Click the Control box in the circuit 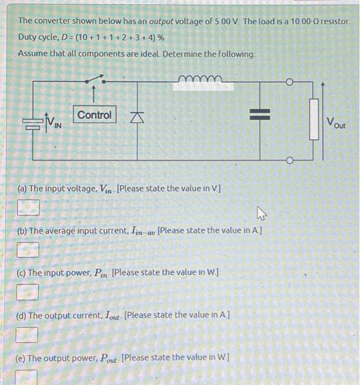click(x=94, y=115)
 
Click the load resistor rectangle click(x=314, y=119)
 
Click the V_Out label click(x=336, y=122)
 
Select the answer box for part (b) click(x=28, y=250)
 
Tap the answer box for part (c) click(x=28, y=292)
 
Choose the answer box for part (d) click(x=28, y=334)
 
